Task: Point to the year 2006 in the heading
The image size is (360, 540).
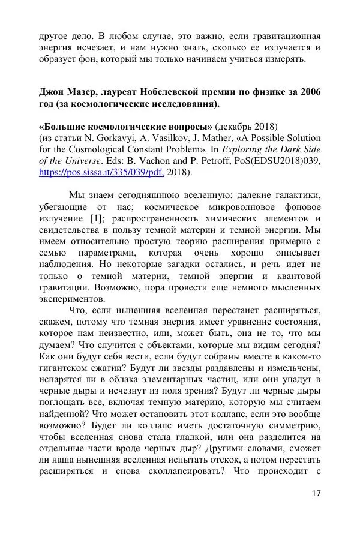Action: tap(308, 92)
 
